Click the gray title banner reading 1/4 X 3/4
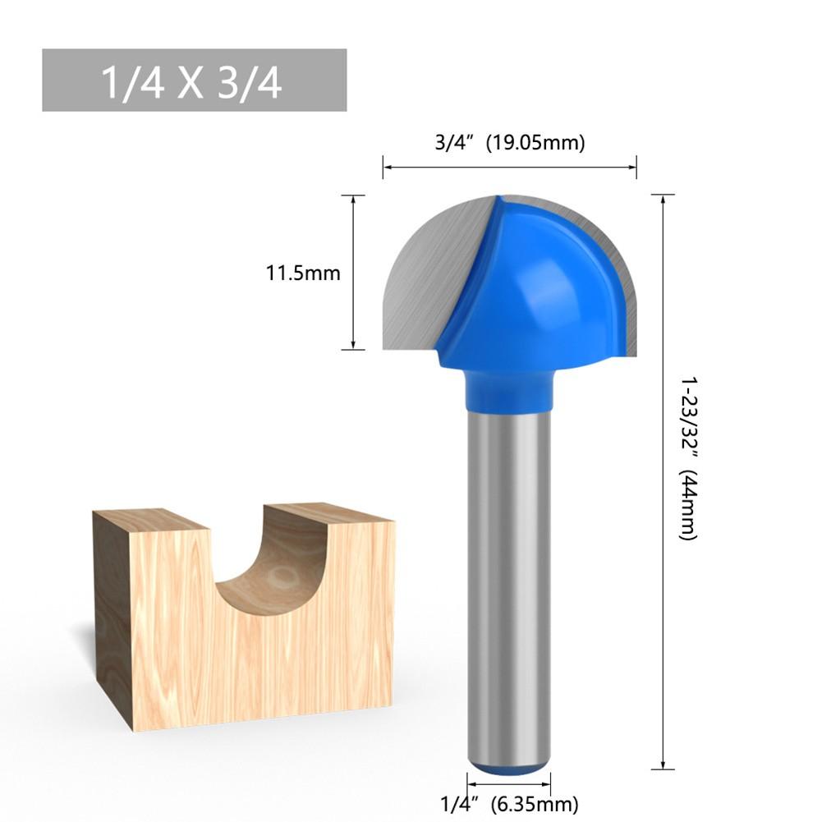(x=194, y=80)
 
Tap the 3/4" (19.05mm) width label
(x=509, y=142)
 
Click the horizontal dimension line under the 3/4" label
(x=509, y=168)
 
